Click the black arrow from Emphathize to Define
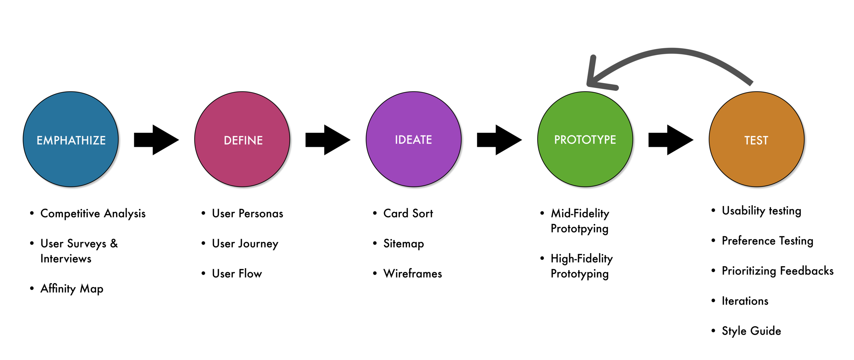pyautogui.click(x=156, y=140)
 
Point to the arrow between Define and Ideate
pyautogui.click(x=328, y=140)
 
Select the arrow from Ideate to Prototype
pyautogui.click(x=499, y=140)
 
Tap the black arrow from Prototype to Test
pyautogui.click(x=671, y=140)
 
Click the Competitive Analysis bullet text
pyautogui.click(x=93, y=213)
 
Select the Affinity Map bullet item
pyautogui.click(x=72, y=289)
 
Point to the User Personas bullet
pyautogui.click(x=247, y=213)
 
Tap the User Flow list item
pyautogui.click(x=237, y=274)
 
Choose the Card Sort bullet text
pyautogui.click(x=408, y=213)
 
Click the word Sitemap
pyautogui.click(x=403, y=244)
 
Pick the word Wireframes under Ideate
pyautogui.click(x=413, y=274)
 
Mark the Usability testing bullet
pyautogui.click(x=761, y=211)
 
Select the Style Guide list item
pyautogui.click(x=751, y=331)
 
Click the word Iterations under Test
pyautogui.click(x=745, y=301)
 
